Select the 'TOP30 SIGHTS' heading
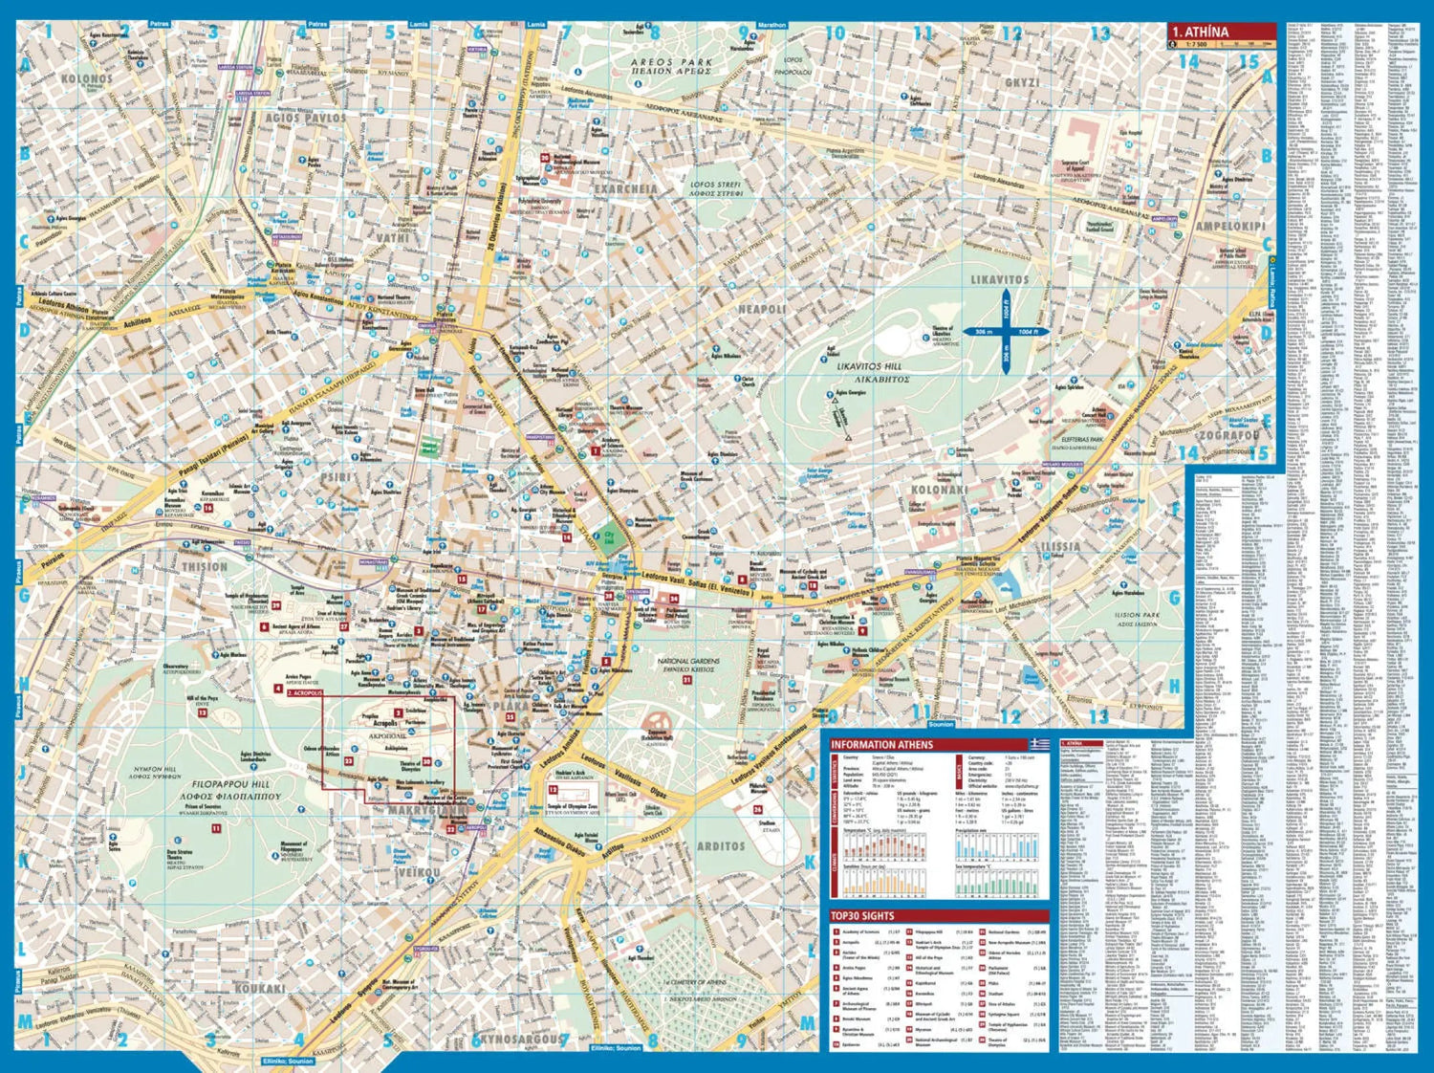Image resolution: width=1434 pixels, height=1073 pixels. tap(862, 916)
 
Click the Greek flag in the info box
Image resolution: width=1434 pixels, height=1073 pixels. tap(1039, 744)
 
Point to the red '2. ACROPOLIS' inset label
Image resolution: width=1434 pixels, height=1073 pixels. tap(305, 692)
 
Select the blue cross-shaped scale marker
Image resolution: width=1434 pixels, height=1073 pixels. tap(1006, 332)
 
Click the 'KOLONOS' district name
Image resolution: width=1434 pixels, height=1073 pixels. tap(87, 78)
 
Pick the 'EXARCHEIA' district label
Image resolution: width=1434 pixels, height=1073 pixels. tap(626, 188)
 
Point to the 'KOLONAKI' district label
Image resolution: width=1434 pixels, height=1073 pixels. tap(940, 490)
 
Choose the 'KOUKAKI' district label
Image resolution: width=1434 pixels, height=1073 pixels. tap(260, 988)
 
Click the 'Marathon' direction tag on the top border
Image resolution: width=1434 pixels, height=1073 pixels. tap(771, 25)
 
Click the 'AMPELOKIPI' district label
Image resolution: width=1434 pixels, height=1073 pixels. tap(1229, 227)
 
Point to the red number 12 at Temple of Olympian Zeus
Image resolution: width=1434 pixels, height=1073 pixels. tap(553, 790)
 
